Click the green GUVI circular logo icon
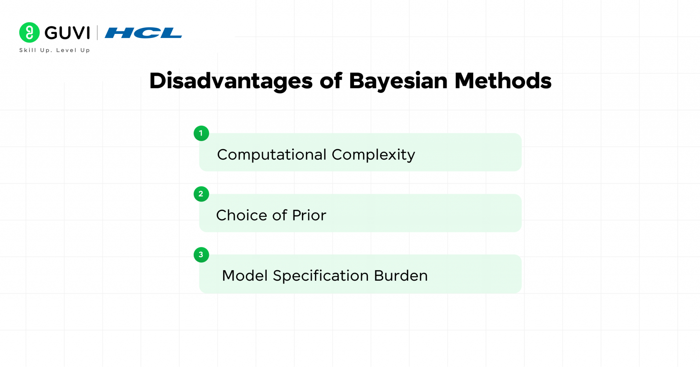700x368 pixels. click(29, 33)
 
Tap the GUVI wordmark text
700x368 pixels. click(67, 33)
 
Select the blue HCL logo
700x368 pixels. click(143, 33)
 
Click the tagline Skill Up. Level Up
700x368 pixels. click(55, 50)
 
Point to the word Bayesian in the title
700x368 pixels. click(398, 81)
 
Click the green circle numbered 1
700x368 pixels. click(201, 133)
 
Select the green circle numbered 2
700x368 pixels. click(201, 194)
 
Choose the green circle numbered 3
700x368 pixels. click(201, 255)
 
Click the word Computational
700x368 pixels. click(272, 155)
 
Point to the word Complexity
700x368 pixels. click(373, 155)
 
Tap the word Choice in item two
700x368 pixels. click(242, 215)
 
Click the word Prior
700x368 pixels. click(309, 215)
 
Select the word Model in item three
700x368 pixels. click(244, 276)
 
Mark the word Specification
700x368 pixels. click(321, 276)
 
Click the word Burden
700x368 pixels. click(401, 276)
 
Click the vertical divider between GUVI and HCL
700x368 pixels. click(97, 33)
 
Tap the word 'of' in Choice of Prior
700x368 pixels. click(280, 215)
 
